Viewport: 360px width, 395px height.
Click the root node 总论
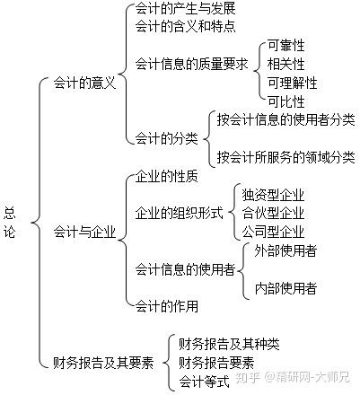tap(10, 223)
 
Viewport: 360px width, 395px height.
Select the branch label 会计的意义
tap(84, 83)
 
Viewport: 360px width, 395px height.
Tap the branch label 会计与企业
tap(84, 232)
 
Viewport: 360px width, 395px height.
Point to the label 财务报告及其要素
tap(103, 363)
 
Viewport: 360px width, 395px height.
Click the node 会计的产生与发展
tap(186, 8)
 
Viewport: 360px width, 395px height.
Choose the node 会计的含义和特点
tap(186, 26)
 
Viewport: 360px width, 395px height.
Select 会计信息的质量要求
tap(192, 64)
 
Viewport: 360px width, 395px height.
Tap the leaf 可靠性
tap(285, 46)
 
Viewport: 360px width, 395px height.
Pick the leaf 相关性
tap(285, 64)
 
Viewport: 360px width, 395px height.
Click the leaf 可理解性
tap(292, 83)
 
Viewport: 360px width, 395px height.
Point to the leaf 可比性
tap(285, 101)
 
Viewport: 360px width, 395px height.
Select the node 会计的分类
tap(167, 138)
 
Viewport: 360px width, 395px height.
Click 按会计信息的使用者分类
tap(286, 119)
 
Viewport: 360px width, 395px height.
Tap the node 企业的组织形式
tap(180, 213)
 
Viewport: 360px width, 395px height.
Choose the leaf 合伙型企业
tap(273, 213)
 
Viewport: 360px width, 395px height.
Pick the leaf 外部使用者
tap(285, 250)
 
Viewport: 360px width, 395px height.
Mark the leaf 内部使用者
tap(285, 288)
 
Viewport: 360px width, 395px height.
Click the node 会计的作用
tap(167, 306)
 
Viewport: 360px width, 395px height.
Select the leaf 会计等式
tap(204, 382)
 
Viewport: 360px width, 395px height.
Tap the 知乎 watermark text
tap(248, 377)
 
